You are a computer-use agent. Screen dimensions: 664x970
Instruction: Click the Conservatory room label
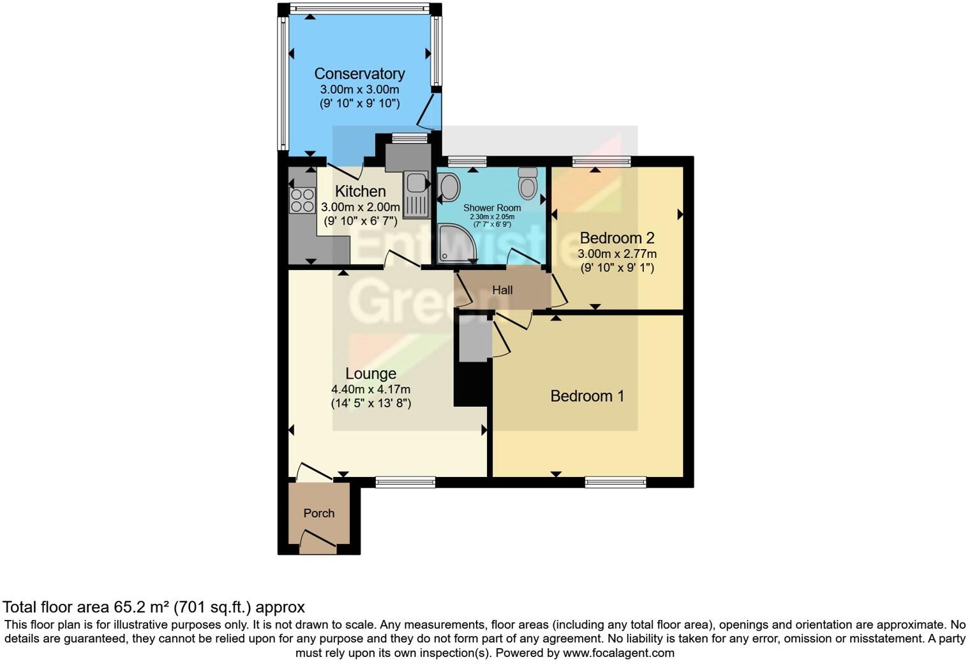359,74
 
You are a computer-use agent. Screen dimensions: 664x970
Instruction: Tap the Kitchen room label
360,191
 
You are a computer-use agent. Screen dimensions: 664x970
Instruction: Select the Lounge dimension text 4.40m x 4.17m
370,389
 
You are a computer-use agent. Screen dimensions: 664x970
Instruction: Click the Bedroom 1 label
586,396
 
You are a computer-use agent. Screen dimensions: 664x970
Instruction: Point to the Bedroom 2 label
616,238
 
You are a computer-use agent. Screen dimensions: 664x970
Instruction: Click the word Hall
502,290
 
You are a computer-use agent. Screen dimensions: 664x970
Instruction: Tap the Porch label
318,513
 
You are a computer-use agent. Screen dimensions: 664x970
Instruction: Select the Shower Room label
491,207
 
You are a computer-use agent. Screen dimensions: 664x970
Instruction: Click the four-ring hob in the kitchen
302,200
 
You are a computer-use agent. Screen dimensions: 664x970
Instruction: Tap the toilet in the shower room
528,183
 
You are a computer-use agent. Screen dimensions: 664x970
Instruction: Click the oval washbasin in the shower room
449,188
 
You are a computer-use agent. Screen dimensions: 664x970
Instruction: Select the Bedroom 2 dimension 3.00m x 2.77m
616,253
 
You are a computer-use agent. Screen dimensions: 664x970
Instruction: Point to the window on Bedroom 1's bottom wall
615,482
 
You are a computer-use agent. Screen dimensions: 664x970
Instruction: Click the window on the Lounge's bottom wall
405,482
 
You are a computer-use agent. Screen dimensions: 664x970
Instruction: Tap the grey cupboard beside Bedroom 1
473,341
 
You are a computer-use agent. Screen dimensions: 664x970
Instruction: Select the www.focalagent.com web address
618,653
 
